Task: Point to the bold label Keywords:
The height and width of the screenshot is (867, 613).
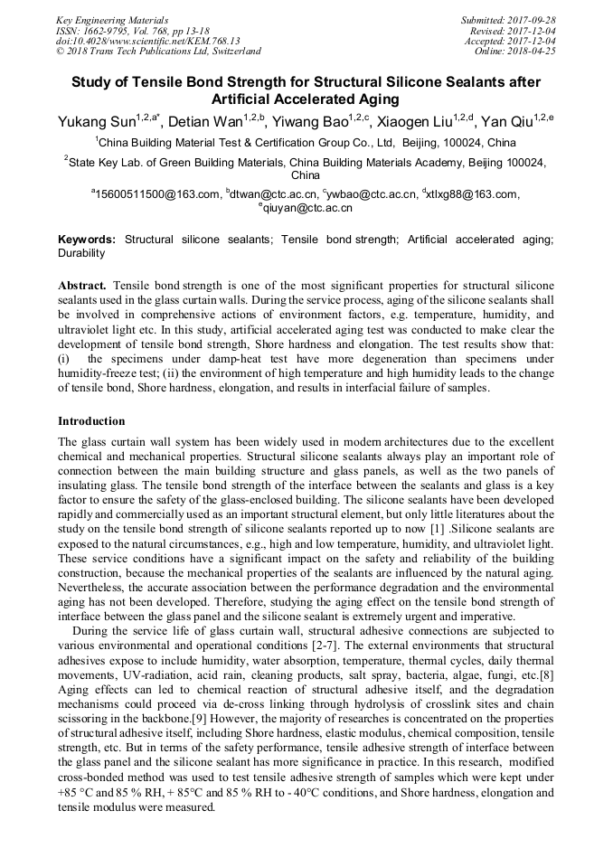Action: point(87,240)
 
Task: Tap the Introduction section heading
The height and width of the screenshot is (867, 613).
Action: point(91,421)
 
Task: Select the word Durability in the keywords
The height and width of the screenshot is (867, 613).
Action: point(81,254)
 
